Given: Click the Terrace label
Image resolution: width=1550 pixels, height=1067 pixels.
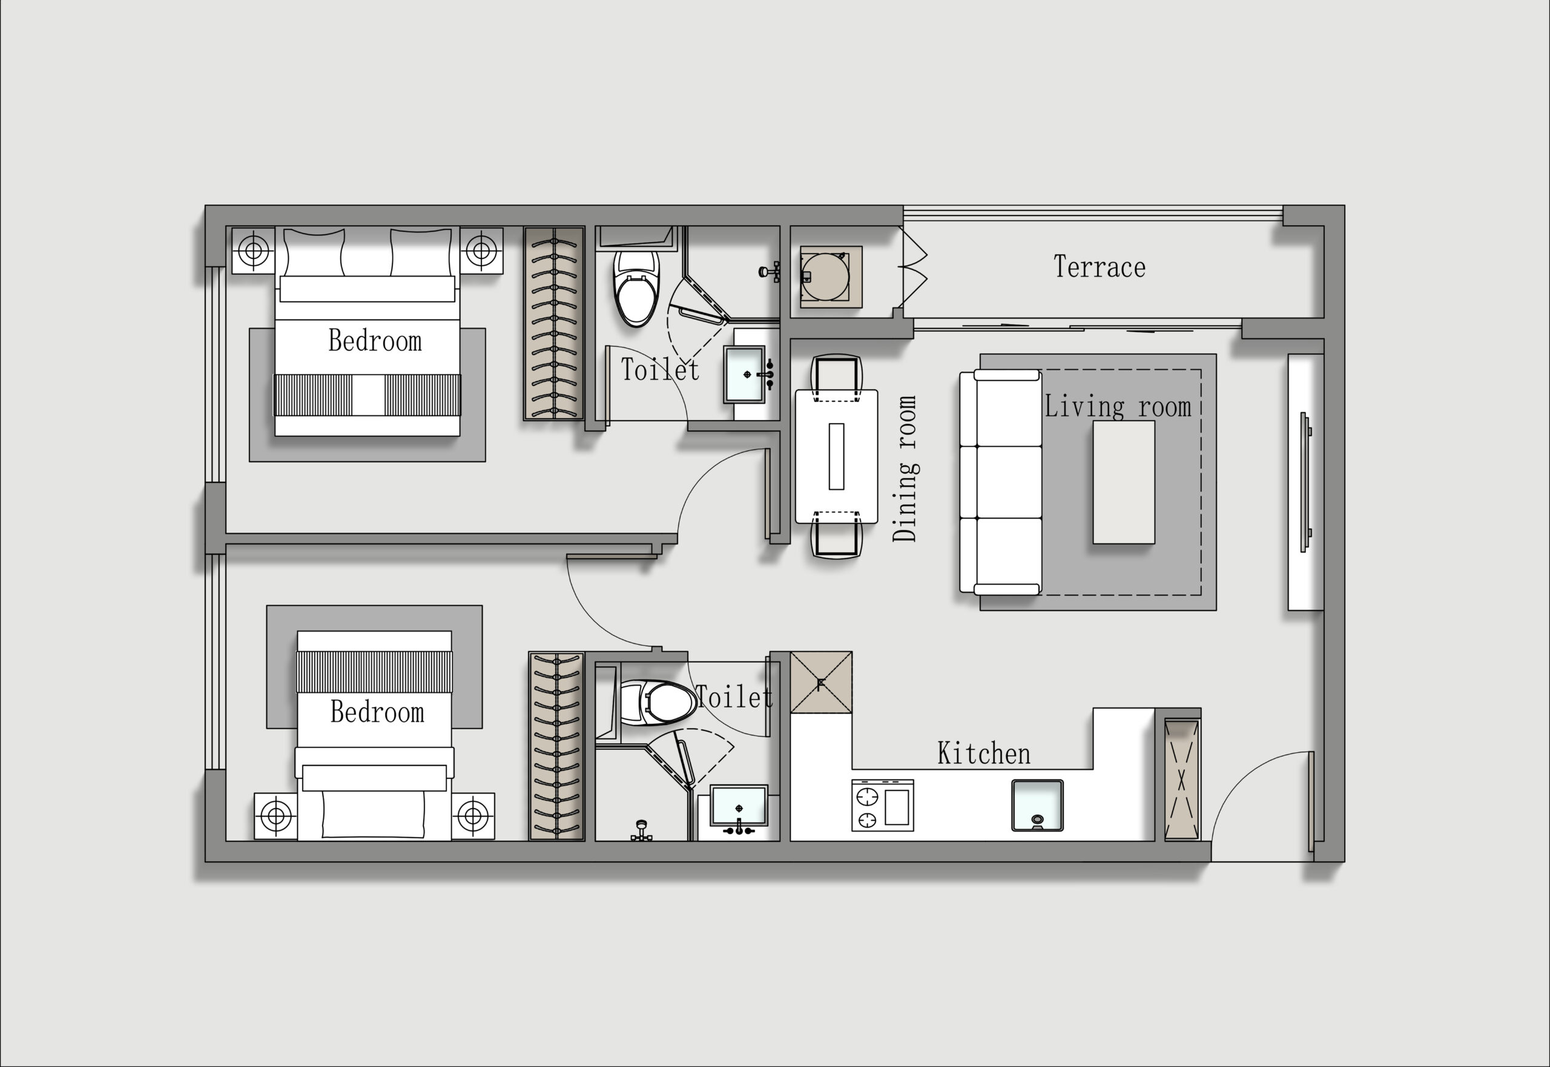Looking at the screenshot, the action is pos(1100,267).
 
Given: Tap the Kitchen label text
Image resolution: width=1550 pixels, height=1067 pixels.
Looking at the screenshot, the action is pos(984,753).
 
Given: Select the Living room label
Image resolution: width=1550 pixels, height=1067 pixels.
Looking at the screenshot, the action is pos(1118,407).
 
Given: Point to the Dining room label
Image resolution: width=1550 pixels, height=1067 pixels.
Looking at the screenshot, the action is pos(905,468).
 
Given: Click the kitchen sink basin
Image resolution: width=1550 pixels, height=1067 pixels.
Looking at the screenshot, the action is pos(1037,805).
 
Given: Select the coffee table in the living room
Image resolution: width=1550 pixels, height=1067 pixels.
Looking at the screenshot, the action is pos(1123,482).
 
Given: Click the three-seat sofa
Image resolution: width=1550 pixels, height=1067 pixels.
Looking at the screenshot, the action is pos(1000,482).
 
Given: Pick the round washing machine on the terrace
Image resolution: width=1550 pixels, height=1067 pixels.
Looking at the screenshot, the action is pos(825,276).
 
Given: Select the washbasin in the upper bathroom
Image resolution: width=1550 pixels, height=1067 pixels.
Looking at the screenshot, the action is pos(744,375).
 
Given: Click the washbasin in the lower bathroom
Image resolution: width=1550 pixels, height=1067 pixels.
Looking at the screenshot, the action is pos(738,806).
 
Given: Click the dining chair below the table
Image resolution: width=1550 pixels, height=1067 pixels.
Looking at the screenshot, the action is pos(836,535).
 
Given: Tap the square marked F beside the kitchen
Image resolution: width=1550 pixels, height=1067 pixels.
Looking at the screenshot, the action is pos(821,683).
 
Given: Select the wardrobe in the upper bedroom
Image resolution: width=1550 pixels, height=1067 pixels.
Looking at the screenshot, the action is pos(553,324).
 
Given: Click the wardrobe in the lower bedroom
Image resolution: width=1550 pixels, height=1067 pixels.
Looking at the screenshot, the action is pos(556,746).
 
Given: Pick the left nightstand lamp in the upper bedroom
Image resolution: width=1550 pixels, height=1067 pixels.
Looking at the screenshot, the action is pos(254,251).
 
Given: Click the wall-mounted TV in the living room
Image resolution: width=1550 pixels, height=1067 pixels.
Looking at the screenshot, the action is pos(1305,482).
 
